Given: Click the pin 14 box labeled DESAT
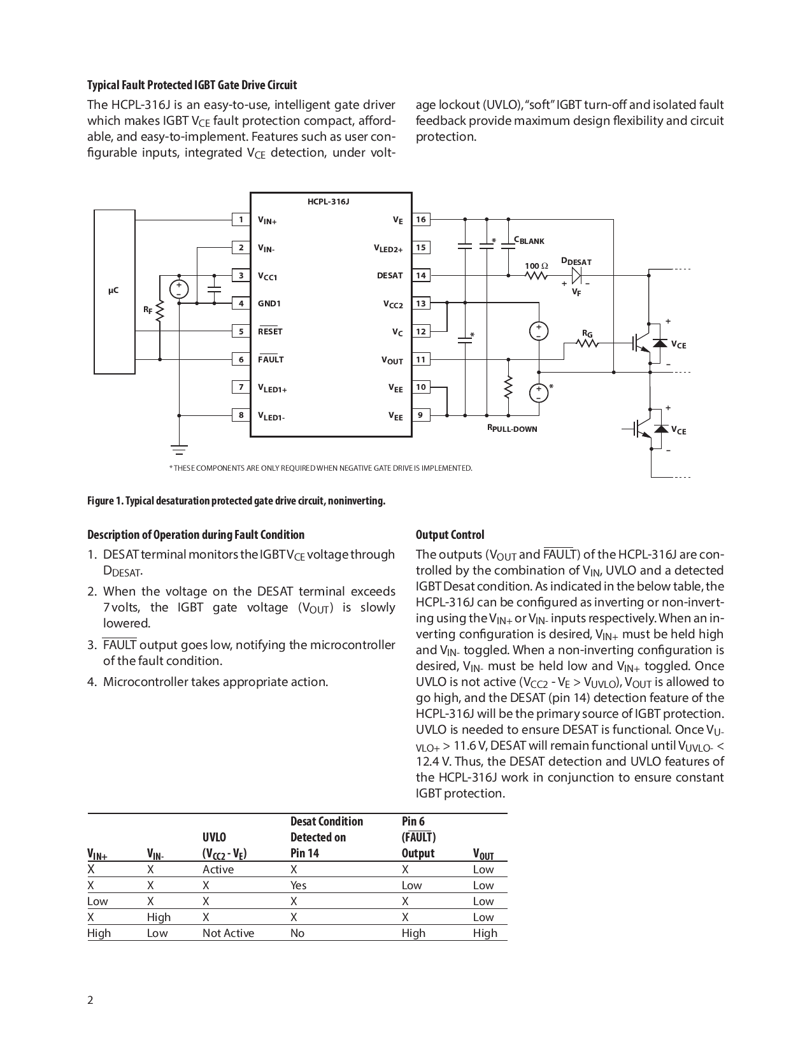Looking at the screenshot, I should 420,275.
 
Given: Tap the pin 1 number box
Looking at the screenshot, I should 241,220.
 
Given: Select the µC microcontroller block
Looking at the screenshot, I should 114,291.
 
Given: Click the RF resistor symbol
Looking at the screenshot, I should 159,310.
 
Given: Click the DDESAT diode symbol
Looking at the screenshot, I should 576,275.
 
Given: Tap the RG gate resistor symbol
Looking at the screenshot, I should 587,343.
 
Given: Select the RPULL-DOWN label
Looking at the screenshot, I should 512,429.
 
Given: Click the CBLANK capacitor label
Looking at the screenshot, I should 529,241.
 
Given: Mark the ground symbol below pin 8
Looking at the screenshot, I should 180,449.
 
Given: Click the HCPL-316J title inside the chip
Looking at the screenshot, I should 329,201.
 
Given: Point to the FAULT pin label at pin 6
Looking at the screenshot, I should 271,359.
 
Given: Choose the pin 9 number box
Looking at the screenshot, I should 420,415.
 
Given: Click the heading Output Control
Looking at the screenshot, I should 450,535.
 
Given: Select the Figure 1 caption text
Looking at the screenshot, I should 236,501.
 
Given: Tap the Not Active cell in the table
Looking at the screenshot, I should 228,933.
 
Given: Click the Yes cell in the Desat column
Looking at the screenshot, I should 298,885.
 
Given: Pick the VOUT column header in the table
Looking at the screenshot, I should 483,854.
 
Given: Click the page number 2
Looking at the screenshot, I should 90,1000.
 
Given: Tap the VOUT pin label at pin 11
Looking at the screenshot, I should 392,361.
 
